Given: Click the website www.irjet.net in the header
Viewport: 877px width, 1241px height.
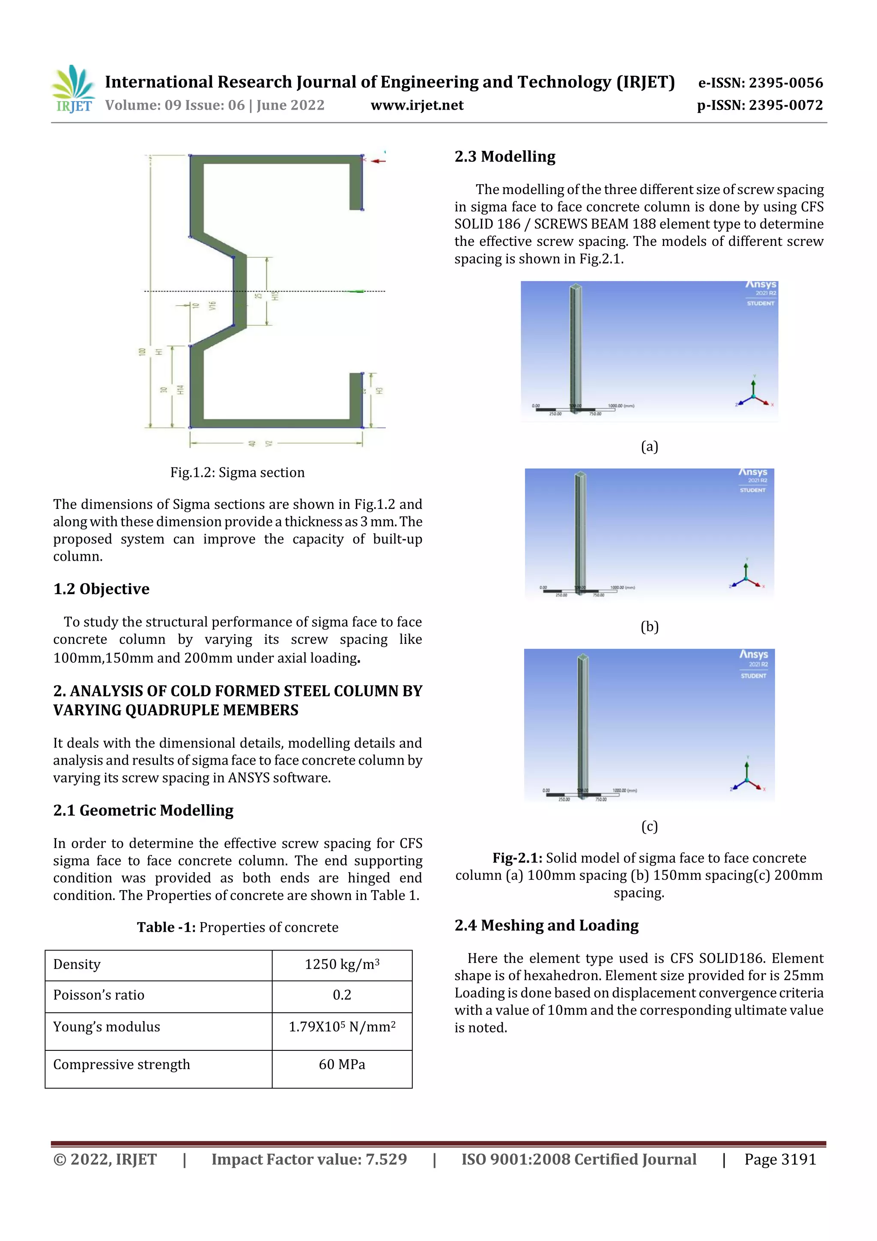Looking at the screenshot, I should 417,105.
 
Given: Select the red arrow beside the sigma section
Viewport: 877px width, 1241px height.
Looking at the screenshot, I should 378,161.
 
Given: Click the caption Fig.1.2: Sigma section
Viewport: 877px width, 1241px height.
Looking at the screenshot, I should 237,472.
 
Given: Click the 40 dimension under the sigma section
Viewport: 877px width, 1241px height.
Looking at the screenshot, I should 252,443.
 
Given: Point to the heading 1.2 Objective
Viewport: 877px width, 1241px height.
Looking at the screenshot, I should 101,589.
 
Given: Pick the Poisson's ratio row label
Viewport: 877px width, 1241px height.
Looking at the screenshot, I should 99,995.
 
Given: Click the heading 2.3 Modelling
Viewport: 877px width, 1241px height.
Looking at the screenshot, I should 505,157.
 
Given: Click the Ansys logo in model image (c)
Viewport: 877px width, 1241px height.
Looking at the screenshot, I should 753,655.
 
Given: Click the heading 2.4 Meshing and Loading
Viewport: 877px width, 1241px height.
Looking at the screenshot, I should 546,925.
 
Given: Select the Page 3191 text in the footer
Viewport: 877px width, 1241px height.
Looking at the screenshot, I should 780,1159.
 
